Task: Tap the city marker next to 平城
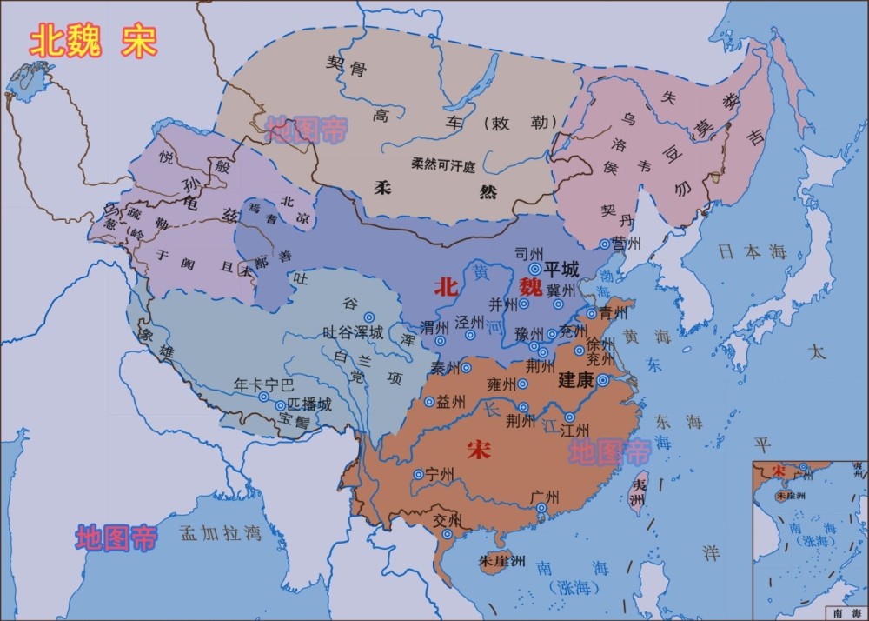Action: [x=535, y=269]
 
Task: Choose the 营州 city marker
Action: [x=606, y=244]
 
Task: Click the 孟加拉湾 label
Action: [x=220, y=533]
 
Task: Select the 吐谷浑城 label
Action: [x=352, y=332]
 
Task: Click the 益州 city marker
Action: [x=428, y=402]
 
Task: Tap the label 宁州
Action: [x=441, y=474]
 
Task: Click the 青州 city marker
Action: [x=591, y=313]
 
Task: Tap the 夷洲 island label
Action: [x=639, y=493]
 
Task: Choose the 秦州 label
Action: [x=446, y=368]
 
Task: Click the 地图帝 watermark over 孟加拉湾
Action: [x=116, y=538]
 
